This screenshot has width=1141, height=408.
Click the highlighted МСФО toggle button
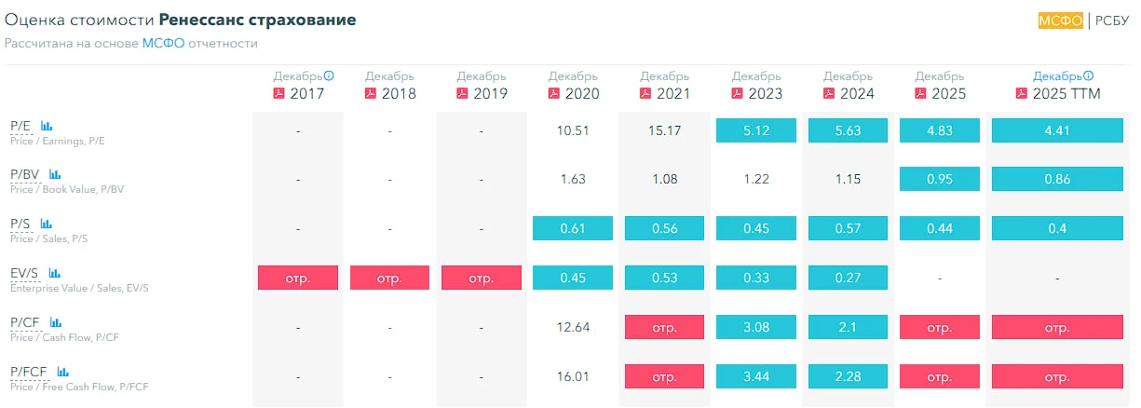(1061, 20)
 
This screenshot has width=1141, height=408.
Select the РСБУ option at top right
(1112, 20)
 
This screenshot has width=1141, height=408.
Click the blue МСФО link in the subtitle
(163, 43)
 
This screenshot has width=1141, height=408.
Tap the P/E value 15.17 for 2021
(664, 131)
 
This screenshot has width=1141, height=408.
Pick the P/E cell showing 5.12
(756, 130)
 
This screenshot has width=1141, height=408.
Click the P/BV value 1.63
(573, 179)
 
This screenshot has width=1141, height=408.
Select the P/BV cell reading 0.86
(1057, 179)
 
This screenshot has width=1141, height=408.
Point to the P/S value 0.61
(573, 228)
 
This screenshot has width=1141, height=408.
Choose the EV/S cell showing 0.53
(664, 278)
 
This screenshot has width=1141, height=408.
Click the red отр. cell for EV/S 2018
(389, 278)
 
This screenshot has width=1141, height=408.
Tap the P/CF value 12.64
(573, 327)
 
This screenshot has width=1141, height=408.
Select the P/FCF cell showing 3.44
(756, 376)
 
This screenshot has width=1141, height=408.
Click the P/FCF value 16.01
(573, 376)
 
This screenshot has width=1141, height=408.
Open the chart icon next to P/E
(47, 126)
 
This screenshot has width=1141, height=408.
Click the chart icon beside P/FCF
(62, 372)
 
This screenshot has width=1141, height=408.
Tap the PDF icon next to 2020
(553, 93)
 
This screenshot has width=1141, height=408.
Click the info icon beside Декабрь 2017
(329, 75)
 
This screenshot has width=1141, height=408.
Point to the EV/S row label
(24, 273)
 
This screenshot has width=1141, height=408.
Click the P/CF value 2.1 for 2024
(848, 327)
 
